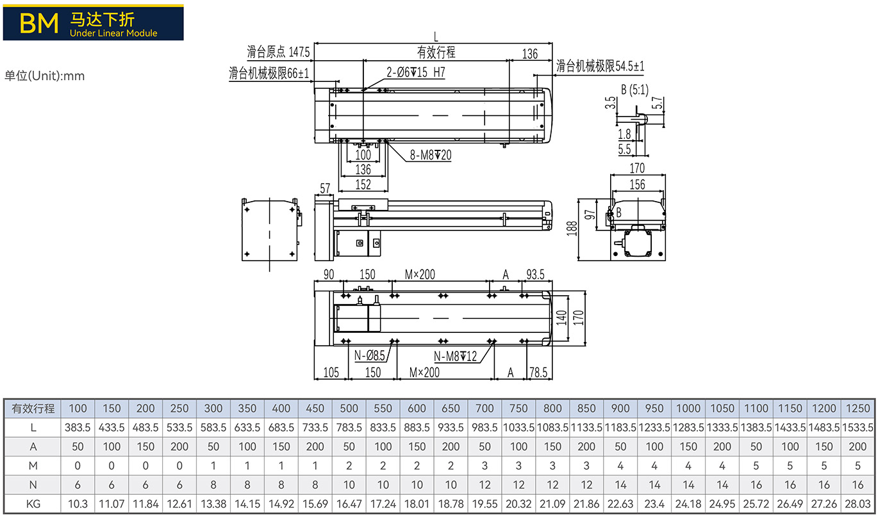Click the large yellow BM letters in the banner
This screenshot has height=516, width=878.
(x=39, y=24)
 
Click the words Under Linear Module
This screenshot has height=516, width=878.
(x=113, y=33)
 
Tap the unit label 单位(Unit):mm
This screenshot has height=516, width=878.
(x=44, y=76)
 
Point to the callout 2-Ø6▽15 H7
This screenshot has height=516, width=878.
(x=415, y=72)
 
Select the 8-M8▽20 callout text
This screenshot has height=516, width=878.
(x=431, y=156)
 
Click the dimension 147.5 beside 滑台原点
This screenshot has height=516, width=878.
(x=299, y=52)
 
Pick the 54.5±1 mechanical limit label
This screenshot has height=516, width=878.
(x=630, y=66)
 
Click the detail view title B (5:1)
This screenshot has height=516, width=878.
(x=634, y=90)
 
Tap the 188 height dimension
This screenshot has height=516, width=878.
(x=572, y=229)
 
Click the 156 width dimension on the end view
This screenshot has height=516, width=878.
(x=637, y=184)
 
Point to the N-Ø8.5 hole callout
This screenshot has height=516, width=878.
(x=369, y=355)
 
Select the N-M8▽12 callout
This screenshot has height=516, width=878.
(x=455, y=356)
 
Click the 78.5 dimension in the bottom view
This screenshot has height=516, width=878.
(x=538, y=373)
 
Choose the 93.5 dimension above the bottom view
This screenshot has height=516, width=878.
(x=535, y=275)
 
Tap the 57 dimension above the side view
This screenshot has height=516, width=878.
(x=325, y=188)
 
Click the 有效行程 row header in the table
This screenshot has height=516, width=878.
(x=33, y=408)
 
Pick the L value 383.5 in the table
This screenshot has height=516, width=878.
(x=78, y=428)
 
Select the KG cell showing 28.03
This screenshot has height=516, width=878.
(x=857, y=504)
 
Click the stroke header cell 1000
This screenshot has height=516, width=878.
(x=688, y=408)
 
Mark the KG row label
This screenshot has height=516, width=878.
(x=33, y=504)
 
